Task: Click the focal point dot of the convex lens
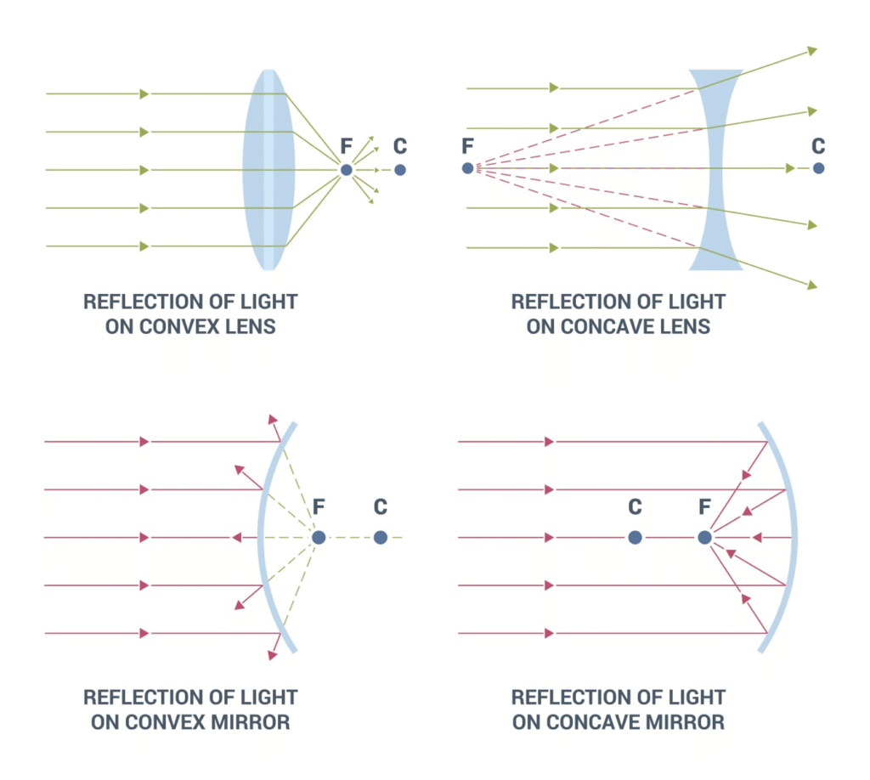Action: point(346,170)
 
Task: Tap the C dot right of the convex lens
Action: point(400,170)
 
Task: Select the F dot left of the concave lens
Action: point(467,168)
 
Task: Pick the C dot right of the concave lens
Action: point(818,168)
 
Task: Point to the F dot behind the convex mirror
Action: point(319,537)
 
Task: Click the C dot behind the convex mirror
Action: point(381,537)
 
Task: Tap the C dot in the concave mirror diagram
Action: point(635,537)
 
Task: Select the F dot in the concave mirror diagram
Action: point(704,537)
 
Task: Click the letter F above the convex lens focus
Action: point(346,146)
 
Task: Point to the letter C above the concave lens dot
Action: point(818,145)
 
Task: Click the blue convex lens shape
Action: point(269,170)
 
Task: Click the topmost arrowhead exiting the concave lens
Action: point(812,51)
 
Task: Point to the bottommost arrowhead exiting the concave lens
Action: point(812,285)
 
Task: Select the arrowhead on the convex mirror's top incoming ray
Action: point(144,442)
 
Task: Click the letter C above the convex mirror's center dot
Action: point(381,507)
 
